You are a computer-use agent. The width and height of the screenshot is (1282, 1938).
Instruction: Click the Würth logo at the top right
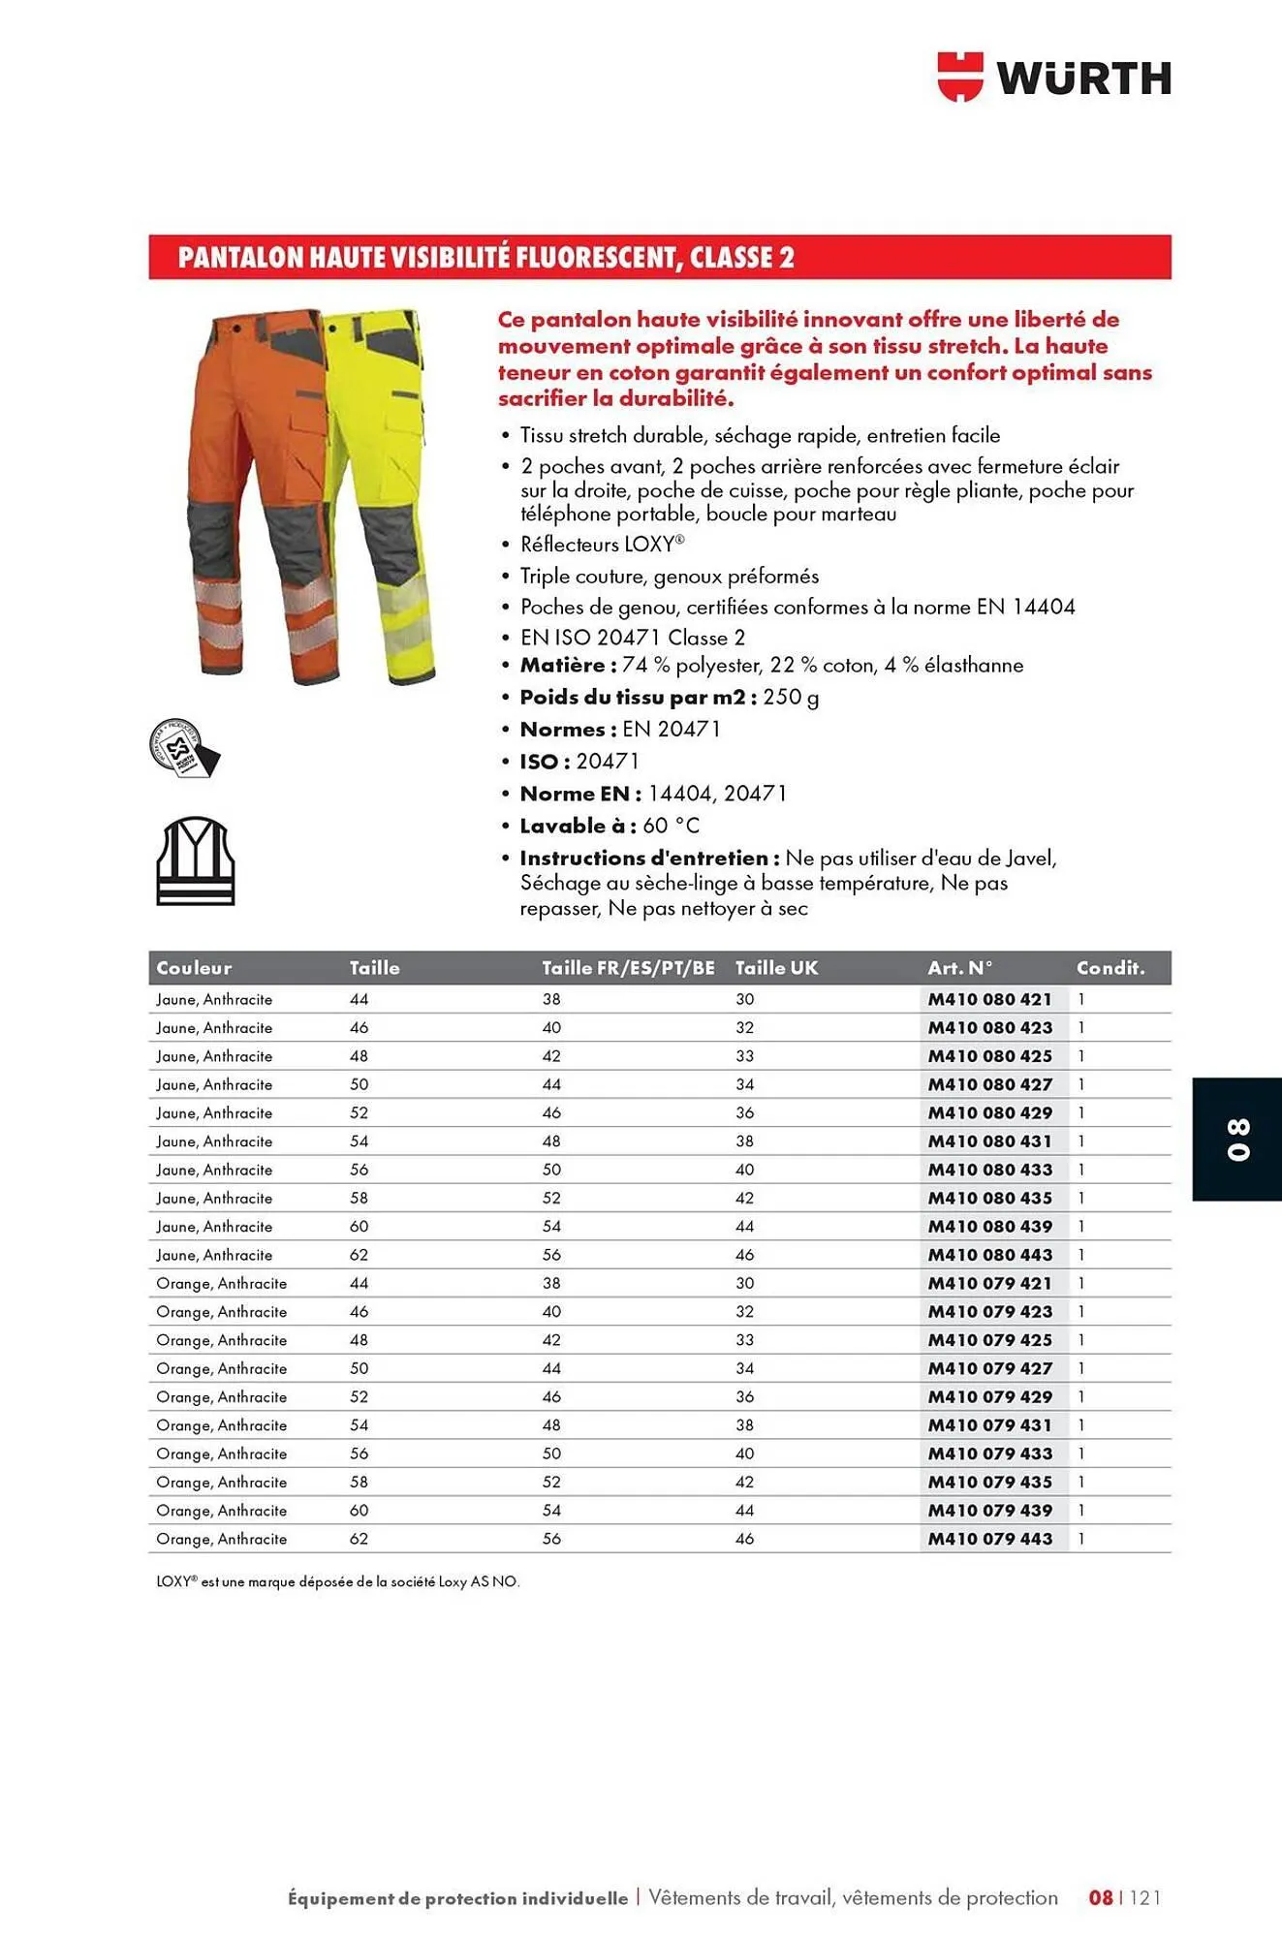coord(1054,77)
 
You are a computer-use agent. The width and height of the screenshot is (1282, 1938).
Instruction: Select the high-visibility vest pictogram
coord(196,861)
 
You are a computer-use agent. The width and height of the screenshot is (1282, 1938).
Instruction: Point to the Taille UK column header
coord(776,967)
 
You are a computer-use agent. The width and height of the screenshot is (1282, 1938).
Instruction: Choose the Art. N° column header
coord(959,967)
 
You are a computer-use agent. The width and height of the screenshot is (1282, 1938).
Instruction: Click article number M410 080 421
coord(989,999)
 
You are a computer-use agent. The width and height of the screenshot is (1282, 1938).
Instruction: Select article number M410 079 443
coord(989,1539)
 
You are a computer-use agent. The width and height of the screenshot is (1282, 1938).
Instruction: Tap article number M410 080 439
coord(989,1226)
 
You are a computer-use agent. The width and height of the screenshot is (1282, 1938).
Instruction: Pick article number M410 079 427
coord(989,1368)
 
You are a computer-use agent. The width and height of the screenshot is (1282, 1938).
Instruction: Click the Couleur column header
coord(194,967)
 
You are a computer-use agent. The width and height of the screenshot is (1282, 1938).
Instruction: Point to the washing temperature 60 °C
coord(671,826)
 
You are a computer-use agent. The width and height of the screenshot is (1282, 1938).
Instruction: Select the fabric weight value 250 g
coord(791,697)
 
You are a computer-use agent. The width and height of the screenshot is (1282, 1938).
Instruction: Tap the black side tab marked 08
coord(1237,1139)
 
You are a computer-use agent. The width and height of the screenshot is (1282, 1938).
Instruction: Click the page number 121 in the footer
coord(1145,1897)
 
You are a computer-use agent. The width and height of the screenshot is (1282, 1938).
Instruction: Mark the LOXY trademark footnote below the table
coord(338,1581)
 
